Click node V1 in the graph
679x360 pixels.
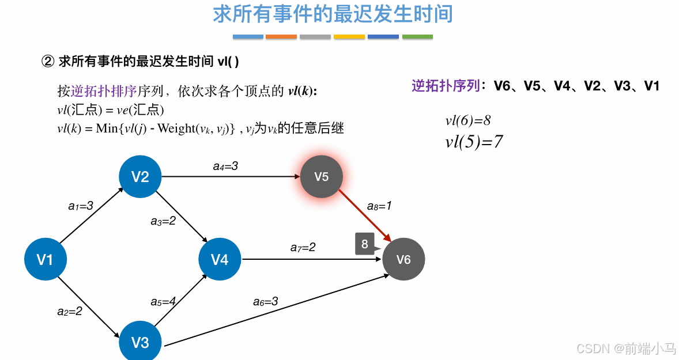pos(45,260)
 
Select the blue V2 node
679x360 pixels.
pos(140,177)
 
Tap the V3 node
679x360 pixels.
pos(140,343)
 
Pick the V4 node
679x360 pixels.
pos(220,260)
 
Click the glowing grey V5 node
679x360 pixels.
pos(322,177)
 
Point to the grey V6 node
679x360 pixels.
pos(403,260)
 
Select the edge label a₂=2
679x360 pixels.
pos(70,311)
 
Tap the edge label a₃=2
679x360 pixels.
pos(163,221)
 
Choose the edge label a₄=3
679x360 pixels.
pos(225,166)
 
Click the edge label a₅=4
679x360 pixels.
pos(163,301)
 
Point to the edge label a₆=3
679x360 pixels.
pos(266,301)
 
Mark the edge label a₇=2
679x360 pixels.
pos(303,248)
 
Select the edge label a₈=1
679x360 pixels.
pos(379,206)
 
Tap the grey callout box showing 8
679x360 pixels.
pos(365,244)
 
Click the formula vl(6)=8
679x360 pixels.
pos(467,120)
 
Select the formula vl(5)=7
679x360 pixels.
pos(474,142)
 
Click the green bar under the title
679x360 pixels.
pos(417,37)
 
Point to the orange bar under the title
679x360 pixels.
pos(281,37)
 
